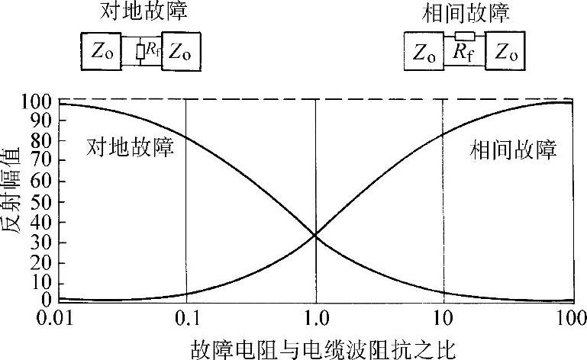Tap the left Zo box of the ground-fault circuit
(101, 52)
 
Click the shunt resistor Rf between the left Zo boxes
(140, 52)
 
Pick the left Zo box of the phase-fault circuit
(424, 53)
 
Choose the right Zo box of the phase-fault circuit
(507, 53)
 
